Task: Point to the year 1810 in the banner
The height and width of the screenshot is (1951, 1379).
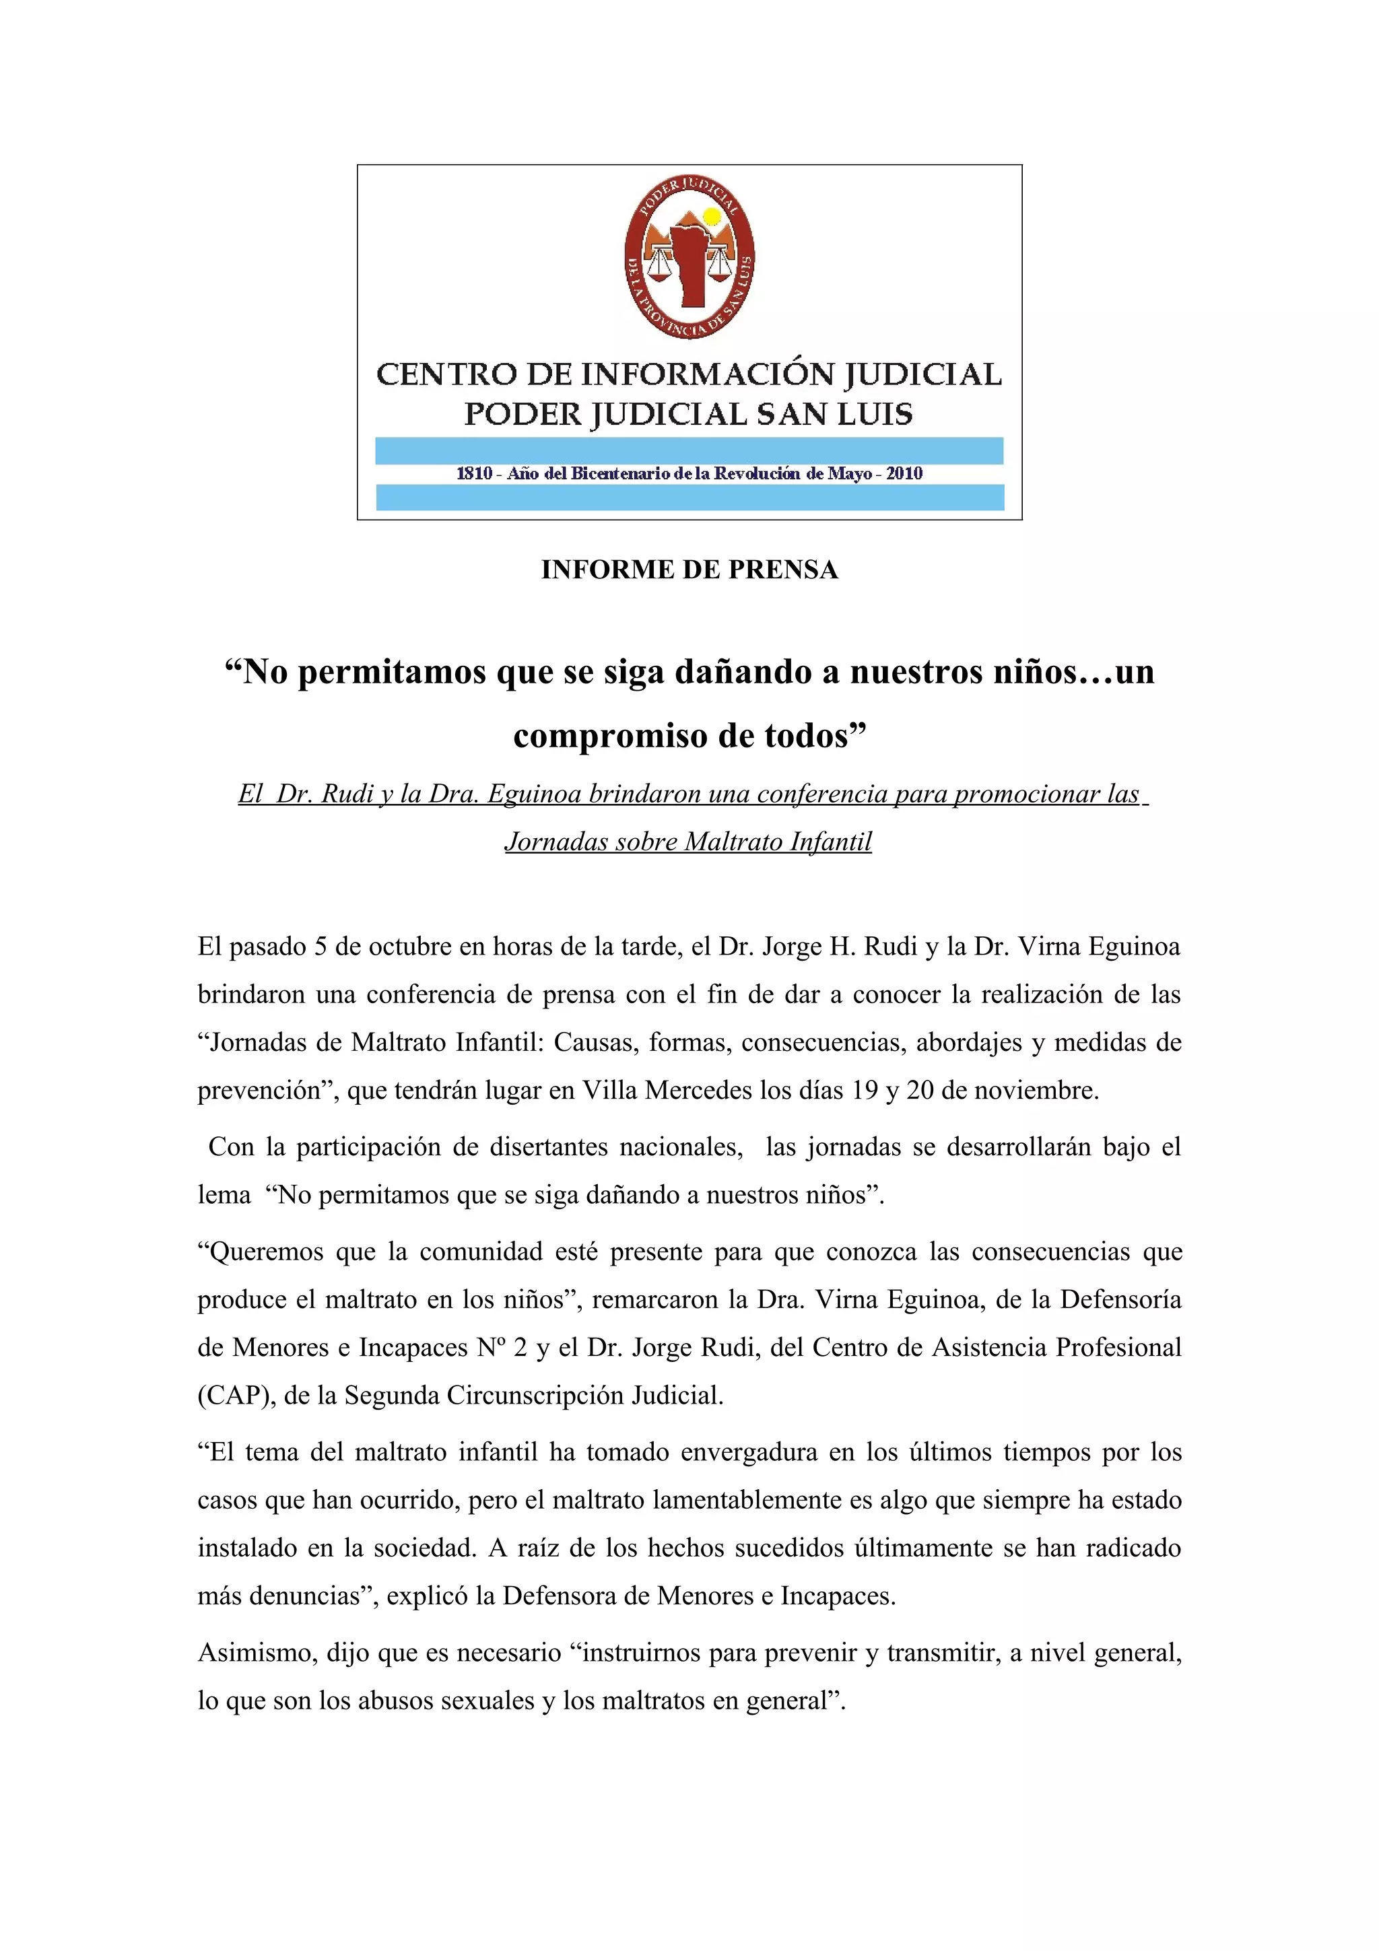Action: tap(473, 473)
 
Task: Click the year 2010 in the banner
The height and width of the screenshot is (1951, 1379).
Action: tap(904, 473)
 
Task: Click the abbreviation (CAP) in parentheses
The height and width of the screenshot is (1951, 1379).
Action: tap(236, 1396)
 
